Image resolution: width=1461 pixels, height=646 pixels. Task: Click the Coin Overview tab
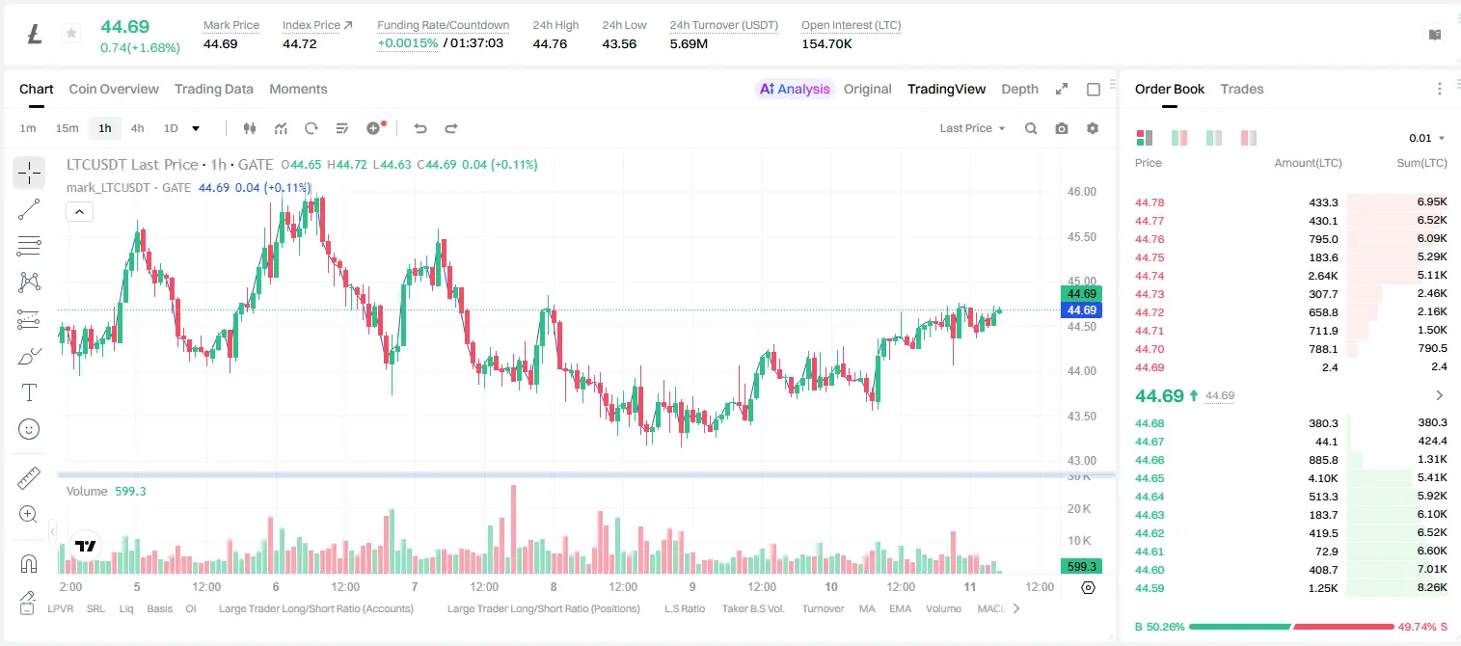[114, 89]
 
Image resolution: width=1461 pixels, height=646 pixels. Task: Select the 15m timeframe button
[67, 128]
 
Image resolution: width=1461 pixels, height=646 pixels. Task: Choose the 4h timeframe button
[137, 128]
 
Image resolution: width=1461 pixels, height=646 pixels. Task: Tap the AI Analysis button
[795, 89]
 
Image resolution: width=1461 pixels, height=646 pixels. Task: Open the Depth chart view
[1019, 89]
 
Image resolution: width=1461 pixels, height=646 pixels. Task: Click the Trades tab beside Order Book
[1242, 89]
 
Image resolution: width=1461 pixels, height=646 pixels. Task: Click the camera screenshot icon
[1062, 128]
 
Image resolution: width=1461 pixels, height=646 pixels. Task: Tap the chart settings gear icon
[1093, 128]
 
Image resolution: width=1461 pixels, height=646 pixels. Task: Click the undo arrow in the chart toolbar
[420, 128]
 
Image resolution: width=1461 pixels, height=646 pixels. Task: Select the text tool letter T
[29, 392]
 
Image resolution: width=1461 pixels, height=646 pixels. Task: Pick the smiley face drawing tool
[29, 429]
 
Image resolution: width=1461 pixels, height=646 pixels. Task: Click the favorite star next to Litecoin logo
[71, 33]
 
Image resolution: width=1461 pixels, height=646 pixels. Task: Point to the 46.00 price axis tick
[1081, 192]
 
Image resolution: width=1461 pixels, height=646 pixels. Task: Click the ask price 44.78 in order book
[1150, 202]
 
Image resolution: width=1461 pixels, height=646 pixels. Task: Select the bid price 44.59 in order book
[1150, 588]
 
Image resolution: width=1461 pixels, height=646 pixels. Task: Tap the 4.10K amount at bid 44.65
[1323, 478]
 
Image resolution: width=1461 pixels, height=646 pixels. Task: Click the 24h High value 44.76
[550, 43]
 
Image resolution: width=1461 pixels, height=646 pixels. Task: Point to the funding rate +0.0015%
[408, 43]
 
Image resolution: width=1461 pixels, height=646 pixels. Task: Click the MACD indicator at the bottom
[990, 608]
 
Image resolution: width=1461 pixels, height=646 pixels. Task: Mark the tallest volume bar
[514, 528]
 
